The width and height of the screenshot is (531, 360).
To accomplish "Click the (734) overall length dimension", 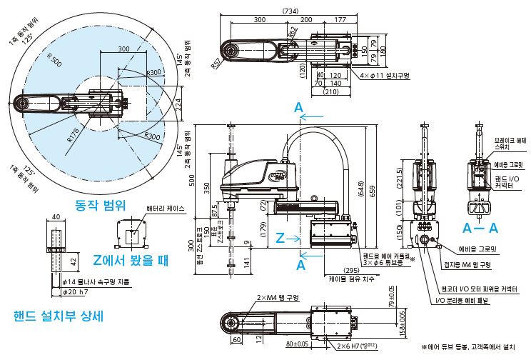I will pyautogui.click(x=290, y=11).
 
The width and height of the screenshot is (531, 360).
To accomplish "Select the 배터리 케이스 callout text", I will pyautogui.click(x=166, y=209).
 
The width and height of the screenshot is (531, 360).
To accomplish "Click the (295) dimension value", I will pyautogui.click(x=332, y=269).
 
